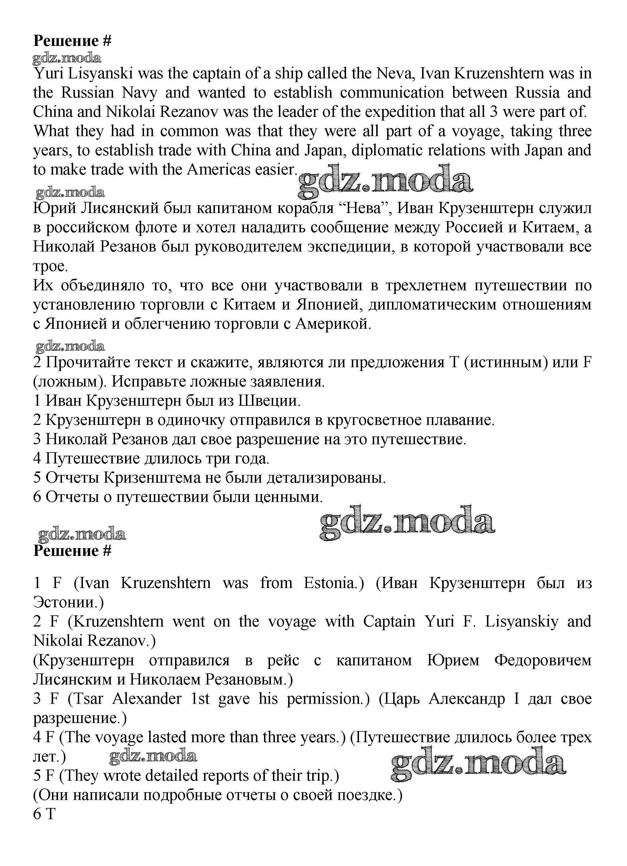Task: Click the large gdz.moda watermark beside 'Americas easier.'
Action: pos(385,183)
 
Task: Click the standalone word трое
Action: pos(51,266)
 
